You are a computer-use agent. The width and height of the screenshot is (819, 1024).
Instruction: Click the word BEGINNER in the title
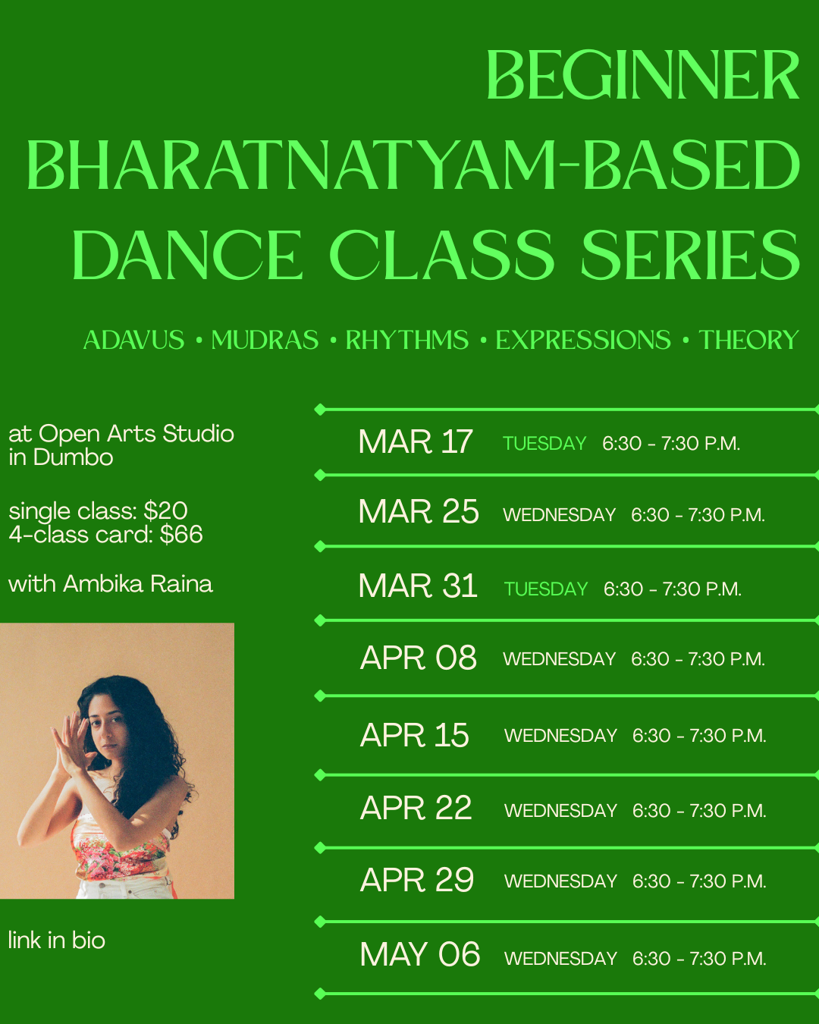pyautogui.click(x=642, y=76)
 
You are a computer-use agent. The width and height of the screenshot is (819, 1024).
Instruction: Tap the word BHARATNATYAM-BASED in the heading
pyautogui.click(x=413, y=165)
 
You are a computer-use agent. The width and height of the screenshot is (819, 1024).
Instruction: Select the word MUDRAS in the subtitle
pyautogui.click(x=265, y=340)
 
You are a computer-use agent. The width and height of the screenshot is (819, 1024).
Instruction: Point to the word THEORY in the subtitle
pyautogui.click(x=748, y=340)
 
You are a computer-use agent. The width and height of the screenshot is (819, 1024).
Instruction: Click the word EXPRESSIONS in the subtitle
pyautogui.click(x=583, y=340)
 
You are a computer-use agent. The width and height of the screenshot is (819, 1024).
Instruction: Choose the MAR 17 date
pyautogui.click(x=416, y=442)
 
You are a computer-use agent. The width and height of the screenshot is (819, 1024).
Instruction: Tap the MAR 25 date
pyautogui.click(x=419, y=512)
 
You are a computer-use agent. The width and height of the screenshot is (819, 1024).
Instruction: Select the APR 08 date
pyautogui.click(x=419, y=658)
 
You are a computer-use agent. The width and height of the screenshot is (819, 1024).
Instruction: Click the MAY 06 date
pyautogui.click(x=420, y=955)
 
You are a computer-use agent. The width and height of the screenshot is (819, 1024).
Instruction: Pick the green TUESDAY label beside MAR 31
pyautogui.click(x=546, y=589)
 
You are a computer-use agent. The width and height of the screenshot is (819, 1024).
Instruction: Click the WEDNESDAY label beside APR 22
pyautogui.click(x=560, y=811)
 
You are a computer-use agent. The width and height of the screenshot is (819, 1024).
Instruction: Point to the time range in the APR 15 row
pyautogui.click(x=699, y=736)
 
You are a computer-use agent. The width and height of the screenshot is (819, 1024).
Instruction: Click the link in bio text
pyautogui.click(x=57, y=941)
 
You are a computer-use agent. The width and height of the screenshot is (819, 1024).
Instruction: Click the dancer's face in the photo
pyautogui.click(x=111, y=721)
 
